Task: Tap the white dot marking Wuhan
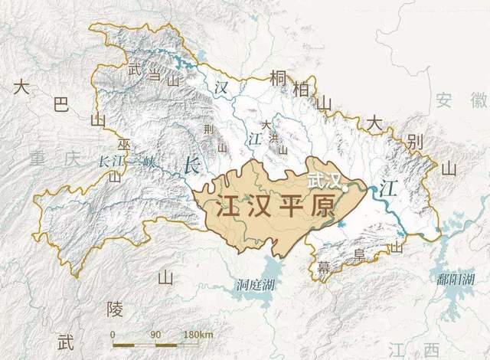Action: click(x=346, y=185)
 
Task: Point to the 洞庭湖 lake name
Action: click(x=254, y=285)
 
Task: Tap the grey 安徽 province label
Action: click(x=459, y=99)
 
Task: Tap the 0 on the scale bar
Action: click(x=113, y=335)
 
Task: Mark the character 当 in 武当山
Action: click(x=153, y=74)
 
